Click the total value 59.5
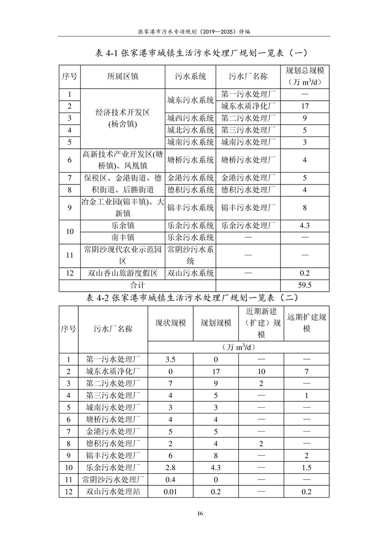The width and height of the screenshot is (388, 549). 304,284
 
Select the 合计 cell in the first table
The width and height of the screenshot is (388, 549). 137,284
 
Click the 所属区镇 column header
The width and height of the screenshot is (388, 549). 122,76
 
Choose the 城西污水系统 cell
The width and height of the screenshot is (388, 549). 190,118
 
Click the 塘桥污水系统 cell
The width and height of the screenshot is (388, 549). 190,160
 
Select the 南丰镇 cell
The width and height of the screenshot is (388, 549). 122,237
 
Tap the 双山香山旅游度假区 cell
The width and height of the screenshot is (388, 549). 122,273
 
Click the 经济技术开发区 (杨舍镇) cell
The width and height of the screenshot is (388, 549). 122,118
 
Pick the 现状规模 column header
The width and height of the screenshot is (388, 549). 170,323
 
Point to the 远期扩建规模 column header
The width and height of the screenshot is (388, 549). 307,323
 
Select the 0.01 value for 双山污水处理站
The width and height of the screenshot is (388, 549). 170,492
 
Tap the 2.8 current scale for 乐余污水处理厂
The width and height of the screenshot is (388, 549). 170,467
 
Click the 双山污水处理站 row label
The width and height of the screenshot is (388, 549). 113,492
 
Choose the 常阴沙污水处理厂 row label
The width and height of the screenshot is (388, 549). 113,480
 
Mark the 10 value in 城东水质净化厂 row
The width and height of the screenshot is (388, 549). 261,371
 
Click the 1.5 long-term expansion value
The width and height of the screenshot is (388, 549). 307,467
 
